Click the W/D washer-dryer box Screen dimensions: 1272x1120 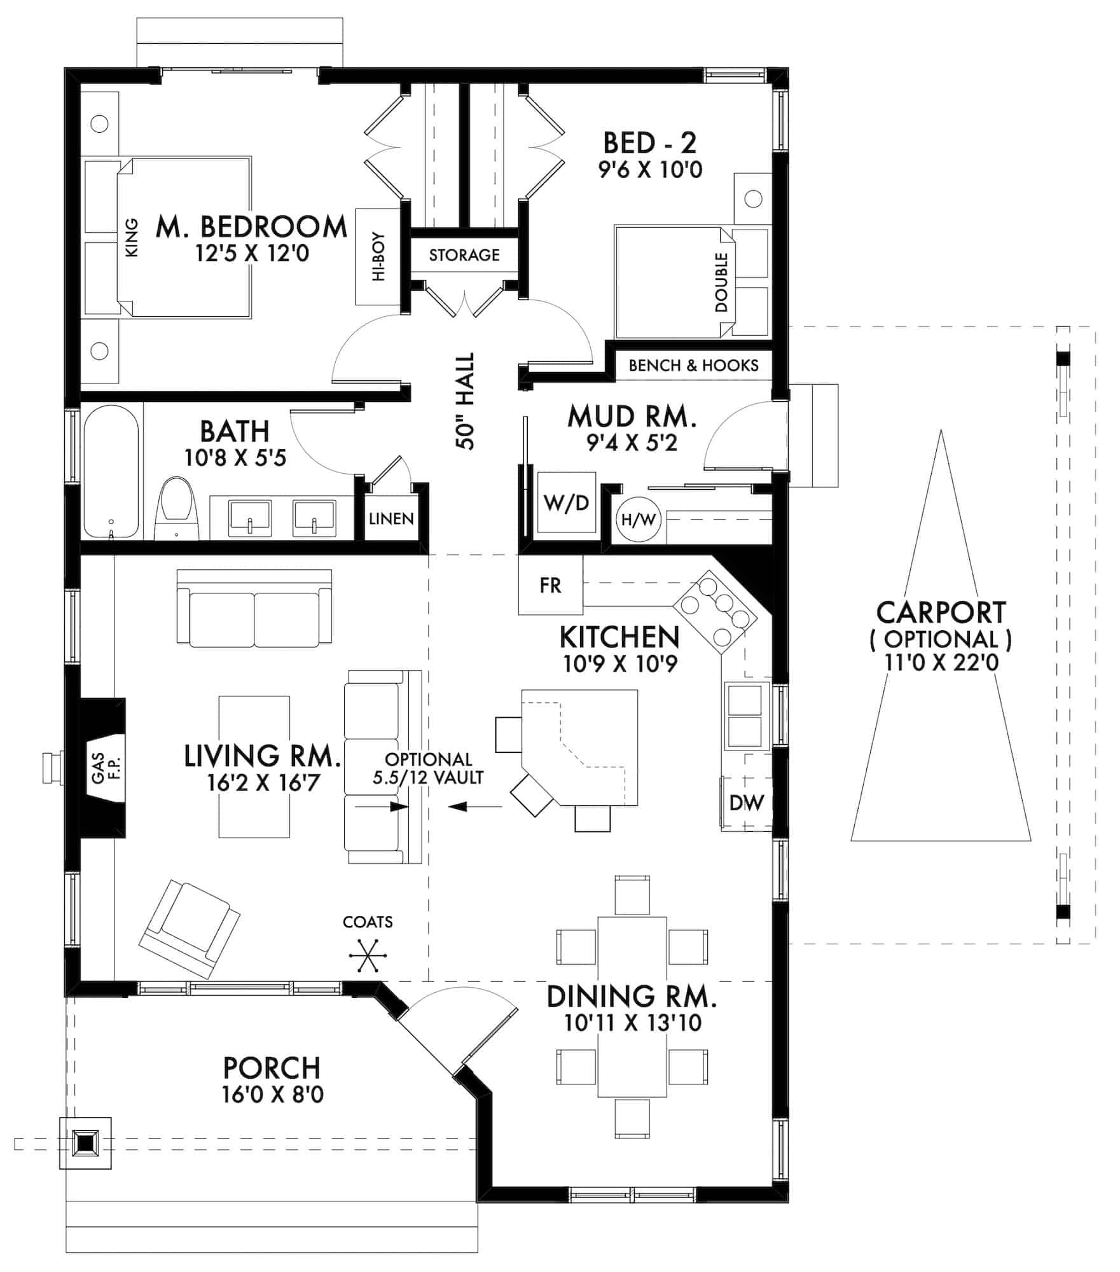click(x=566, y=503)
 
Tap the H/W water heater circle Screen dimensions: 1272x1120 click(x=638, y=520)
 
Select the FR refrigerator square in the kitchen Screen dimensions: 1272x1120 click(x=550, y=585)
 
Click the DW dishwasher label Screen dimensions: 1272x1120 click(x=746, y=803)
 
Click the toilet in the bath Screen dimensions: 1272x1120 click(x=176, y=509)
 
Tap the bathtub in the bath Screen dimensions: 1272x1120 click(x=111, y=473)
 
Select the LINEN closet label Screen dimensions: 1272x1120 click(x=391, y=519)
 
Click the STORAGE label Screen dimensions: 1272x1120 click(x=464, y=255)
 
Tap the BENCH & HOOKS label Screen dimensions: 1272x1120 click(x=693, y=366)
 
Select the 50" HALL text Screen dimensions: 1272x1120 click(x=466, y=401)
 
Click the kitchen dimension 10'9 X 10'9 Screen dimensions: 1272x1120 click(x=620, y=664)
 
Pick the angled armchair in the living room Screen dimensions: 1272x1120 click(x=190, y=929)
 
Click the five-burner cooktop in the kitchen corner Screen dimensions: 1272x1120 click(x=716, y=612)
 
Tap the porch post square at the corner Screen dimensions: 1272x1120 click(x=85, y=1143)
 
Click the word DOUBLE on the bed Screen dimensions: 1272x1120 click(x=721, y=282)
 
